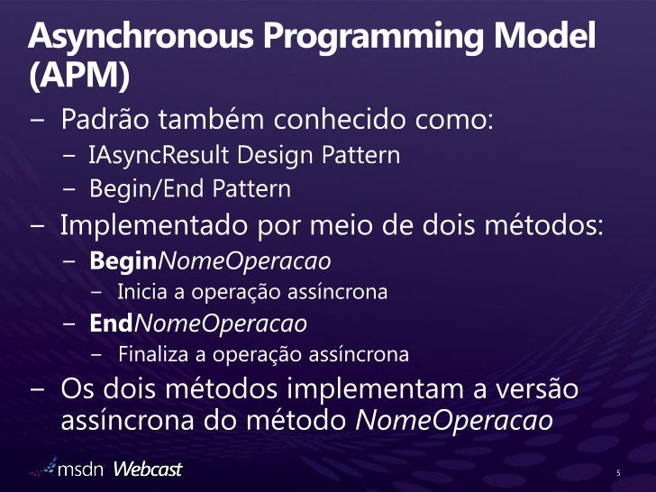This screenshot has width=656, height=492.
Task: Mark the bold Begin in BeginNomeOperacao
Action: [x=123, y=262]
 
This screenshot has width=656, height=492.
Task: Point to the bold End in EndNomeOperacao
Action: [x=111, y=323]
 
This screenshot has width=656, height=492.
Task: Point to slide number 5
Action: [x=619, y=473]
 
